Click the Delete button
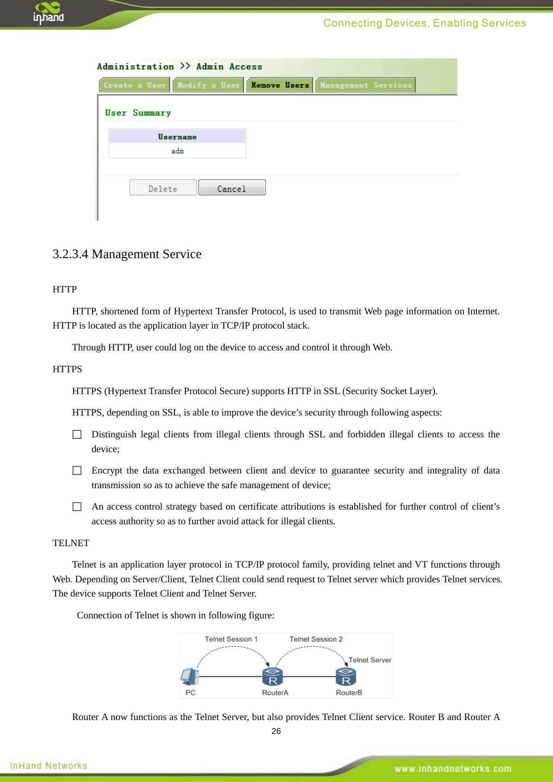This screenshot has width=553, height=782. [163, 188]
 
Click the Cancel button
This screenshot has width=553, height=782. [232, 188]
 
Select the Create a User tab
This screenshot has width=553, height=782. [135, 85]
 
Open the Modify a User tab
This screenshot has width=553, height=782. [208, 85]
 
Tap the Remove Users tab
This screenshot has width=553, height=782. [280, 85]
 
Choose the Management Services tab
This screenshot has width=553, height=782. [365, 85]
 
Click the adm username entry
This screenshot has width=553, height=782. [177, 151]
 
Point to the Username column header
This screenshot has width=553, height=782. [177, 137]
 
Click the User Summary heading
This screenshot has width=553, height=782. [138, 113]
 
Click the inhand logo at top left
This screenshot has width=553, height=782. [48, 13]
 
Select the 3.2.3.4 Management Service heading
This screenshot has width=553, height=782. [127, 254]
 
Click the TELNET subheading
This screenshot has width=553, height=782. [71, 543]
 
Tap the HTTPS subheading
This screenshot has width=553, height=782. [67, 369]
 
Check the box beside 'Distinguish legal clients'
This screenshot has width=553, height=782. [77, 434]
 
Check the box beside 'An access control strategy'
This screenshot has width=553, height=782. [77, 506]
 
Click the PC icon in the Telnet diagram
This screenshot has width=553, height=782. [190, 676]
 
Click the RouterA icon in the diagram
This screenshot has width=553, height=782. [273, 676]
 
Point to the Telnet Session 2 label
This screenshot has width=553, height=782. [316, 639]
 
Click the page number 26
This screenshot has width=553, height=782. [276, 731]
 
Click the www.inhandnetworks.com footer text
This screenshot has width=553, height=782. [453, 769]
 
